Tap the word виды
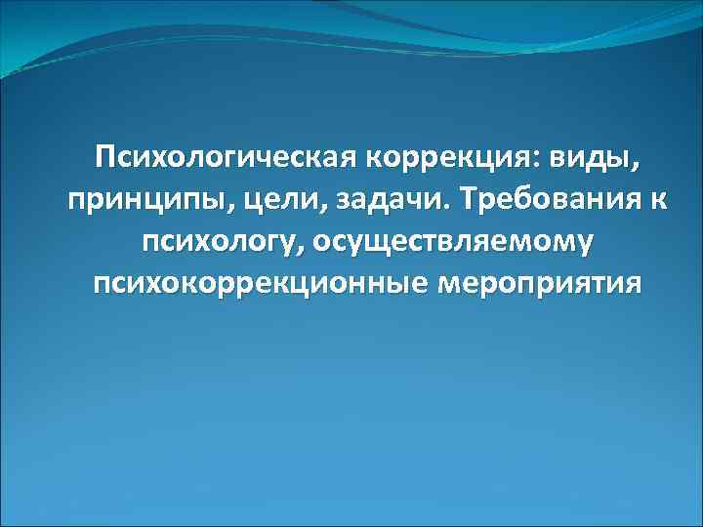pyautogui.click(x=587, y=157)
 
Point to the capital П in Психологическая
pyautogui.click(x=105, y=156)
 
